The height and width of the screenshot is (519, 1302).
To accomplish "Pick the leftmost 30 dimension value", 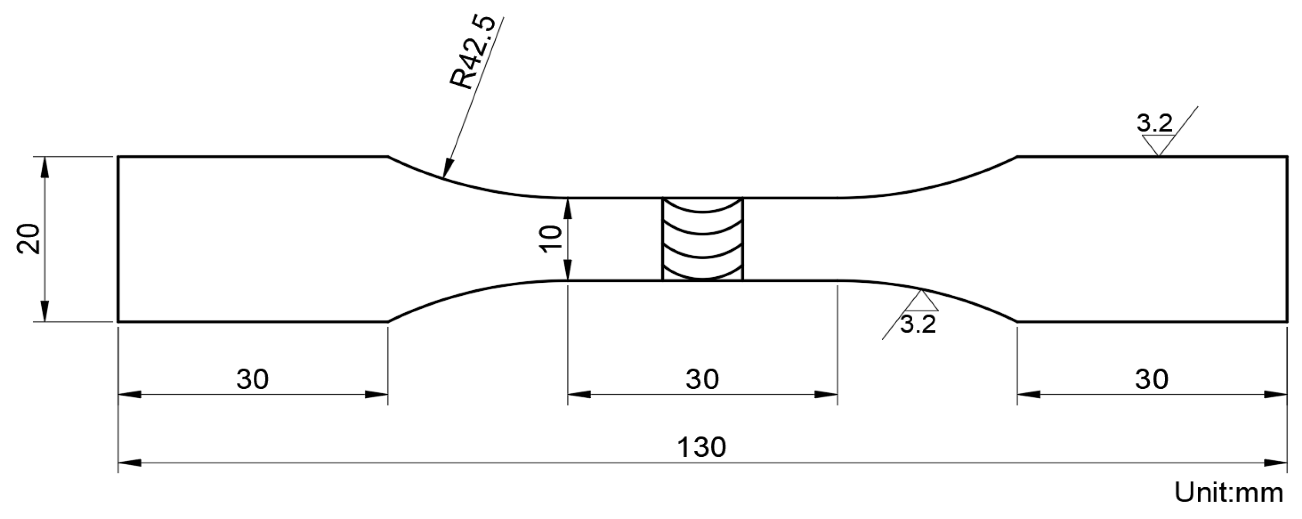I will (x=252, y=379).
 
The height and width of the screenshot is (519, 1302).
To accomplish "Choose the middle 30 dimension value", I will (x=702, y=379).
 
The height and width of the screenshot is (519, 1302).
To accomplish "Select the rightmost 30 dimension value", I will (x=1152, y=379).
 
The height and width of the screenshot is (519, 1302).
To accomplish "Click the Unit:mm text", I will (x=1229, y=493).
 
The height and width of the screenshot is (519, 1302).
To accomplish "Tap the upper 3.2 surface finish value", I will (x=1154, y=123).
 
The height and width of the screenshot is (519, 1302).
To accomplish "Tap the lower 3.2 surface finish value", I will (x=918, y=324).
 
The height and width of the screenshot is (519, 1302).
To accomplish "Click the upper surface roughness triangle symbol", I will (x=1157, y=145).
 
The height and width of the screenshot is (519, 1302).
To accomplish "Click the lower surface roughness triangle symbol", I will (x=922, y=302).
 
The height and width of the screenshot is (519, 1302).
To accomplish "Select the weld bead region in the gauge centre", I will (x=702, y=238).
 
